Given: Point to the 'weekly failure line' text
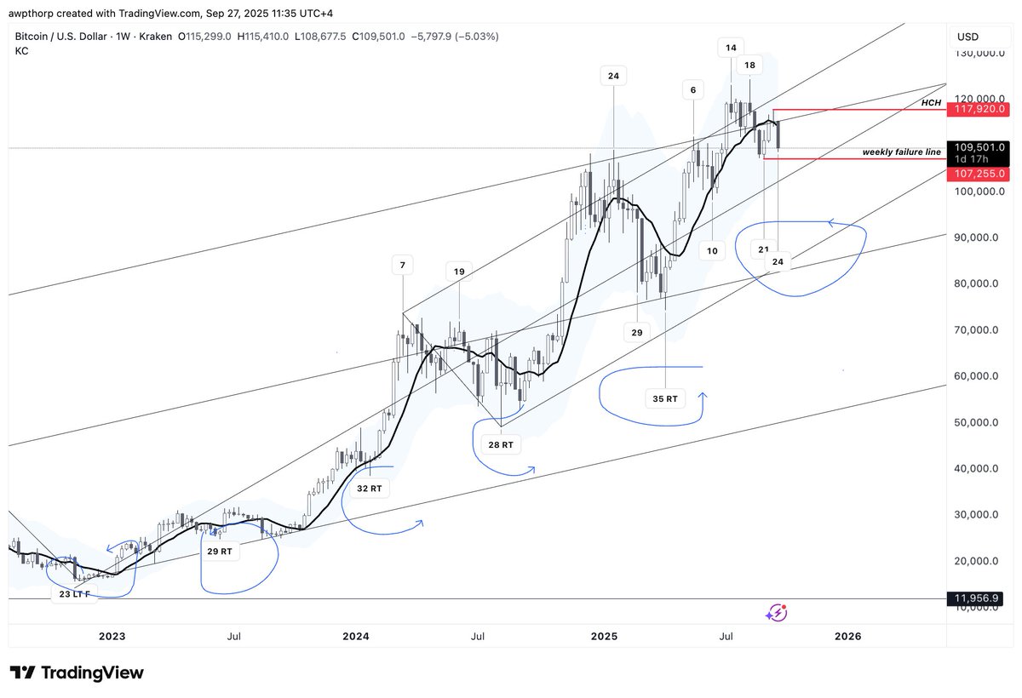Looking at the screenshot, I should pyautogui.click(x=901, y=152).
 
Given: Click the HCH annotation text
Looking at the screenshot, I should pyautogui.click(x=931, y=102).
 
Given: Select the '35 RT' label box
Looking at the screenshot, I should pyautogui.click(x=664, y=398).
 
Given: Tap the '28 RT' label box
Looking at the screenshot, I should pyautogui.click(x=501, y=444).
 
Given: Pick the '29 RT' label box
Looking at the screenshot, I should pyautogui.click(x=219, y=552).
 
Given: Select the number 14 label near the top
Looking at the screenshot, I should pyautogui.click(x=730, y=48).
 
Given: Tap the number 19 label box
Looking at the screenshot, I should pyautogui.click(x=459, y=272).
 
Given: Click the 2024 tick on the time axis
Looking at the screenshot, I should pyautogui.click(x=356, y=636).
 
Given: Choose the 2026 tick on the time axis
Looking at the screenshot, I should pyautogui.click(x=847, y=636).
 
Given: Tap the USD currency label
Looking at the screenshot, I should pyautogui.click(x=968, y=37).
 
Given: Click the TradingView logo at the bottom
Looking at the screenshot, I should pyautogui.click(x=77, y=672).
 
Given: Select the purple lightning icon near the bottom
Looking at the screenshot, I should pyautogui.click(x=776, y=612).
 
